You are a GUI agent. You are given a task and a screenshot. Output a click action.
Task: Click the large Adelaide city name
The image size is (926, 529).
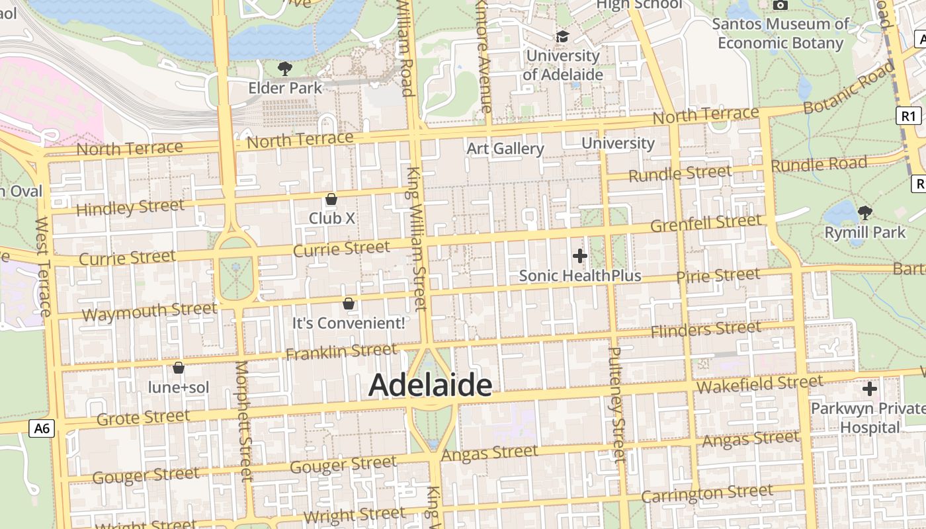point(430,386)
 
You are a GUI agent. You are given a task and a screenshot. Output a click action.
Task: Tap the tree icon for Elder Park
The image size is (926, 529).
point(285,68)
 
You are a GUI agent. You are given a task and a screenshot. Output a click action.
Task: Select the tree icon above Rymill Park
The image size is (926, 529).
point(864,213)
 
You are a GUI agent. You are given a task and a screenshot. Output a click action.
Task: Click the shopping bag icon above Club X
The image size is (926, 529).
point(331,199)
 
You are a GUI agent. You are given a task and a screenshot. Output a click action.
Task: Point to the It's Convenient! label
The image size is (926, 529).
point(349,323)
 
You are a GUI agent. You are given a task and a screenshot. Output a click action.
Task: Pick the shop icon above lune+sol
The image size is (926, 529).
point(178,368)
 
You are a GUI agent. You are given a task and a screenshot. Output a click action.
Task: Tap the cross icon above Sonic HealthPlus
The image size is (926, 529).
point(580,256)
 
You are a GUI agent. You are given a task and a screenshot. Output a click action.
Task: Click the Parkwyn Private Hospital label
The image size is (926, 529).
point(868,418)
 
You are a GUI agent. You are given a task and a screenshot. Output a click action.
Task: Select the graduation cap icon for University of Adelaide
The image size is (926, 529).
point(562,37)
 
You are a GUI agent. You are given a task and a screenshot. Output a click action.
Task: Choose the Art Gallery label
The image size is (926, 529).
point(505,149)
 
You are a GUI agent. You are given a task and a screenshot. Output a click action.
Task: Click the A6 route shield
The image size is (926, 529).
point(42,428)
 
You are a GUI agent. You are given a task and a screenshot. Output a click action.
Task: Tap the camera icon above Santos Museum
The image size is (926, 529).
point(780,5)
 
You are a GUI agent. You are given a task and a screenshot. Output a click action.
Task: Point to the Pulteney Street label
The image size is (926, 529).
point(616,405)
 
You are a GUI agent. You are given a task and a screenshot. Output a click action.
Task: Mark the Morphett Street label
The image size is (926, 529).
point(244,421)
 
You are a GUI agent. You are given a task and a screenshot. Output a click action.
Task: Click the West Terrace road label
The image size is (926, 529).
point(43,266)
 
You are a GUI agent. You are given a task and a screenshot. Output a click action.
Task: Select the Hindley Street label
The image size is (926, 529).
point(130,208)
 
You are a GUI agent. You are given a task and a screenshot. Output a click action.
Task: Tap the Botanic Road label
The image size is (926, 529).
point(849,89)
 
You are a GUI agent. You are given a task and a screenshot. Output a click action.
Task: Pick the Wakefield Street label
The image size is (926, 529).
point(760,384)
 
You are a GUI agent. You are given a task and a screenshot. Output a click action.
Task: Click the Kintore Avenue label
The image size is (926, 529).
point(484,56)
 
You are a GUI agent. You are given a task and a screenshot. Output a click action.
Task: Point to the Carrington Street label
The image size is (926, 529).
point(706,494)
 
